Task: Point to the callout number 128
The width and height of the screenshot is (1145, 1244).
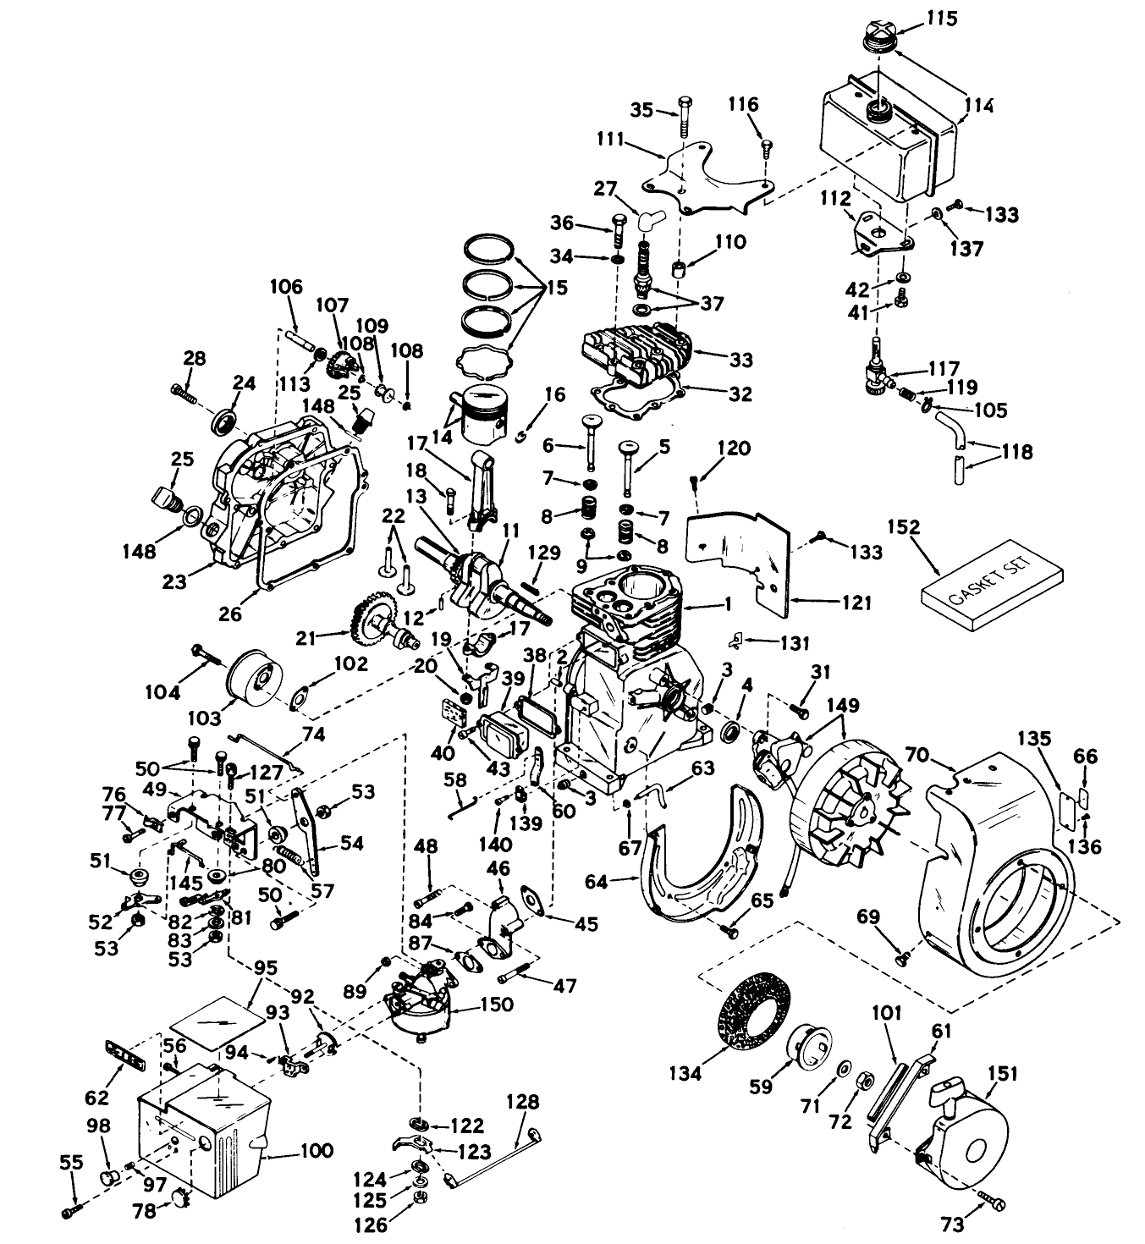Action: (x=522, y=1102)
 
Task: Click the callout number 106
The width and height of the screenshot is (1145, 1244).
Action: (x=286, y=288)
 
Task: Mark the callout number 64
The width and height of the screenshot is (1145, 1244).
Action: (x=597, y=882)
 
